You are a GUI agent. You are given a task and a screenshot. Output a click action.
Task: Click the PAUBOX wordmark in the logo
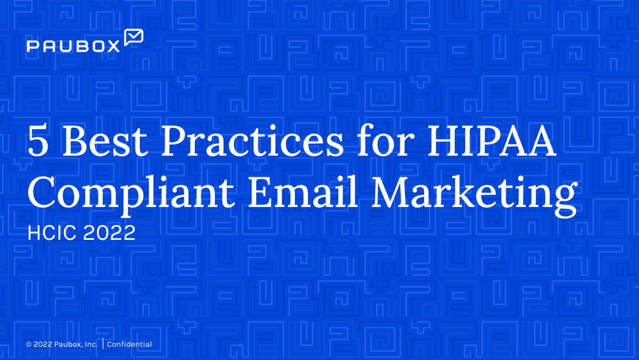[74, 47]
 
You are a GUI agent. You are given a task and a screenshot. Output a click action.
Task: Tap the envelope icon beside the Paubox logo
[133, 37]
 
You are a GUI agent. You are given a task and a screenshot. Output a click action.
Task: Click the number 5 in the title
[38, 142]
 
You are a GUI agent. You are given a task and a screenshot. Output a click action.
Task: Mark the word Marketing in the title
[473, 194]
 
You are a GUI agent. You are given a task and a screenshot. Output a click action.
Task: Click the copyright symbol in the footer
[29, 345]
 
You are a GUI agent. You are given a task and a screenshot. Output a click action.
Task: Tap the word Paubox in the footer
[68, 345]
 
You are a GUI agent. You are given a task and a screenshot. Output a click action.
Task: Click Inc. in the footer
[91, 345]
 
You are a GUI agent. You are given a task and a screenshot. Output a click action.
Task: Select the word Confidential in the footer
[129, 345]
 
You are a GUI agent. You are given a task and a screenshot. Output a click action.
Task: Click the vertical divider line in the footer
[103, 344]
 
